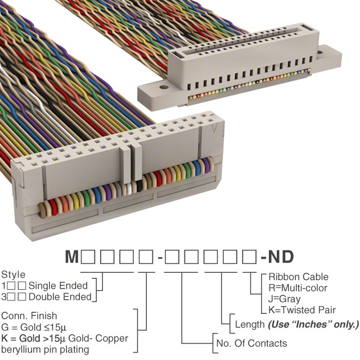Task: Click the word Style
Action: (13, 275)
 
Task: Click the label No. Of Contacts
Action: (251, 343)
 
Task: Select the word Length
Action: (250, 325)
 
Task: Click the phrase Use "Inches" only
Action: (313, 325)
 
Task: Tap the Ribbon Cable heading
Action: (298, 277)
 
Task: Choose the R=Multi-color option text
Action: (298, 288)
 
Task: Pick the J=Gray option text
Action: (285, 299)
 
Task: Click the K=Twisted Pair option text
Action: (302, 310)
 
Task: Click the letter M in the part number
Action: (72, 257)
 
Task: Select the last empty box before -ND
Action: (249, 257)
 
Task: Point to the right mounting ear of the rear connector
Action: (331, 55)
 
